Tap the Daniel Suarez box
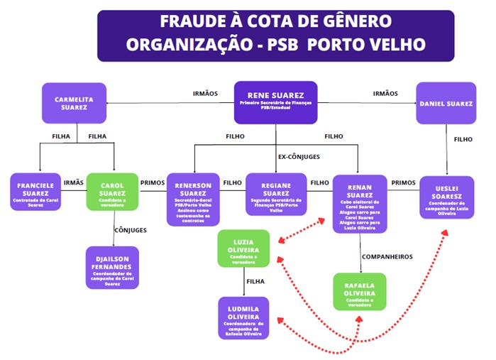(x=445, y=104)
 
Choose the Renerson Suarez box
(x=193, y=199)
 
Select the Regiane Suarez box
(x=276, y=194)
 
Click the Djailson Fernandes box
(x=112, y=267)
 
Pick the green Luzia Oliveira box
(x=243, y=249)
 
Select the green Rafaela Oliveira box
(x=360, y=291)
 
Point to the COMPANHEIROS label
(x=387, y=256)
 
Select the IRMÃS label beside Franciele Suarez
(x=74, y=182)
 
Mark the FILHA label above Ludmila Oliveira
(x=255, y=282)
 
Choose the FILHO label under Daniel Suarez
(x=463, y=140)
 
